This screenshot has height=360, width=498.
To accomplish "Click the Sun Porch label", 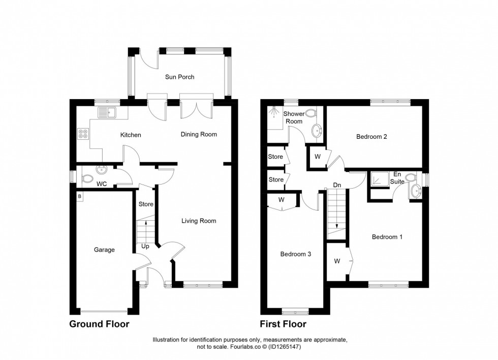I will point(179,77).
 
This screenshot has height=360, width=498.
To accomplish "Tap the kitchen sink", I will point(107,113).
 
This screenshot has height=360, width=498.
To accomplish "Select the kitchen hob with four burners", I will point(82,134).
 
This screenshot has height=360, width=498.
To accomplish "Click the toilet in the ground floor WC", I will point(87,178).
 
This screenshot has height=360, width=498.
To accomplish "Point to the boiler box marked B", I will point(80,196).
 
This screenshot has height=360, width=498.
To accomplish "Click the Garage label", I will point(104,250).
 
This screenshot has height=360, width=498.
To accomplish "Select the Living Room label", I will point(199,221).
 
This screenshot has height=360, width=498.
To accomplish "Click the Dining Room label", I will point(199,134).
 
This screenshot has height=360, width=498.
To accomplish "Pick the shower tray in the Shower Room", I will point(274,117).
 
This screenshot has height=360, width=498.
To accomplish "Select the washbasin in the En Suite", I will point(416,191).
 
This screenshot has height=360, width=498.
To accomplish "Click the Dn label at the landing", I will point(336,185).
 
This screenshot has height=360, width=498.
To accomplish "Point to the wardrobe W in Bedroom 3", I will point(282,200).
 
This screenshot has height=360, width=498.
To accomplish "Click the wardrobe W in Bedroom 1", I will point(337,261).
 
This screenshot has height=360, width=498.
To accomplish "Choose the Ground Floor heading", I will point(99,324).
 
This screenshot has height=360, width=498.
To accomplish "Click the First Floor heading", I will point(283,324).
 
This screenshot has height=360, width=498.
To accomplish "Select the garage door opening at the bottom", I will point(105,311).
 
